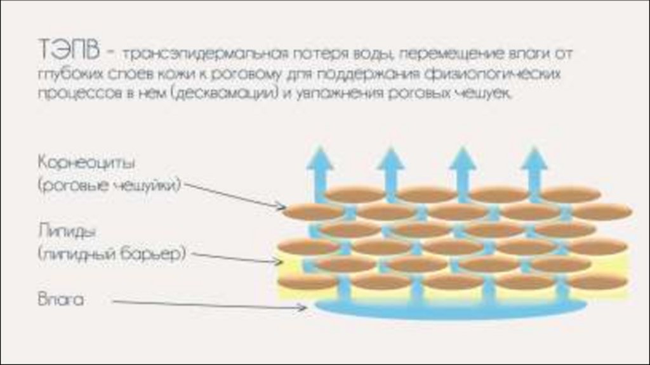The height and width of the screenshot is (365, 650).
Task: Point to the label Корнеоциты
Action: (87, 162)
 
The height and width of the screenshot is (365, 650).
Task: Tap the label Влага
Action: (60, 299)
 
